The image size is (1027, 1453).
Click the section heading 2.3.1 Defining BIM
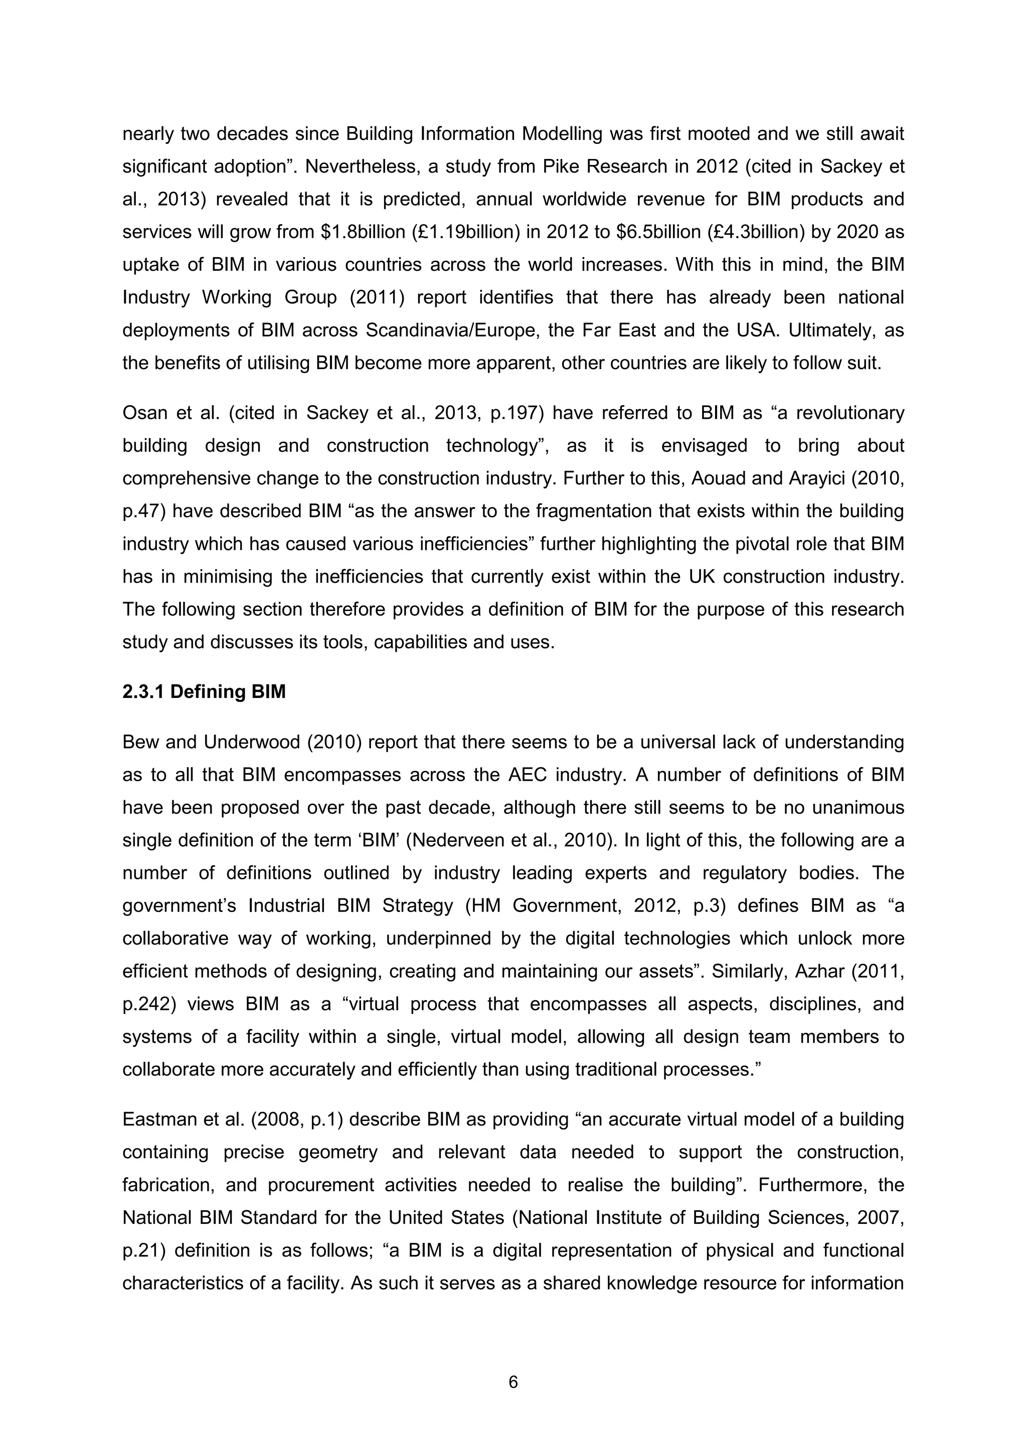tap(204, 692)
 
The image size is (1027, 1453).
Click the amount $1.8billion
tap(363, 232)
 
